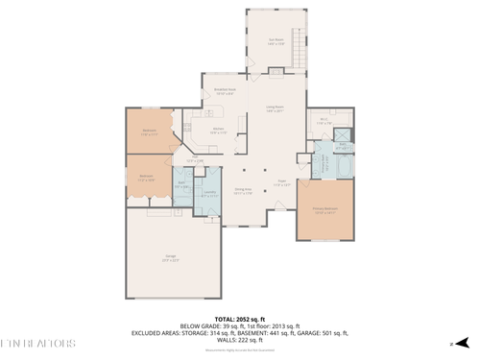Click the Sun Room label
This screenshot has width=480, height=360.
point(276,42)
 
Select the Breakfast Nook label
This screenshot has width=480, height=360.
point(225,93)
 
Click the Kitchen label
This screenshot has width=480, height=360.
point(218,132)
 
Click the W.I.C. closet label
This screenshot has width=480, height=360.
point(324,122)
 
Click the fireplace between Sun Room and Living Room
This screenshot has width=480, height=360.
point(276,72)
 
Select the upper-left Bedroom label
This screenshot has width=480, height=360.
point(150,132)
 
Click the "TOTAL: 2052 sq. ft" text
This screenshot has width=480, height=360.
point(239,318)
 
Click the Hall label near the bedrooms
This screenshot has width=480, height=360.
point(196,160)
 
